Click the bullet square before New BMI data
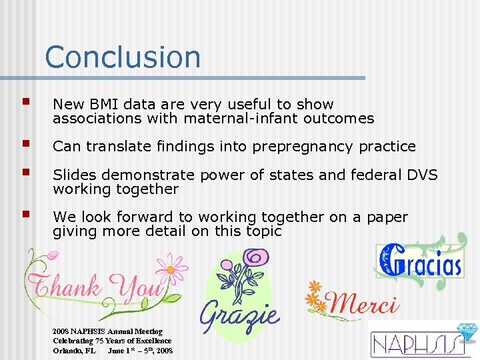click(x=26, y=103)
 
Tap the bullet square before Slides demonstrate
click(x=26, y=173)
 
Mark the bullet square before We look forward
click(x=26, y=215)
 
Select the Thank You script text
click(x=96, y=287)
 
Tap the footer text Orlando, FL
click(x=75, y=351)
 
